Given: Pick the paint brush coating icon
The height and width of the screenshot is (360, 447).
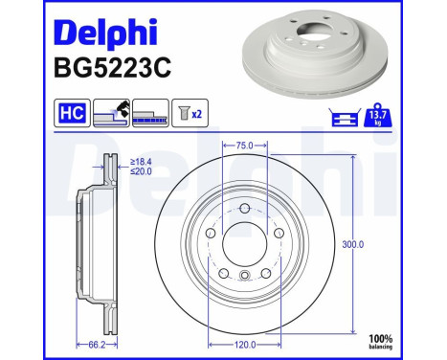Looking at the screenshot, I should pyautogui.click(x=114, y=113).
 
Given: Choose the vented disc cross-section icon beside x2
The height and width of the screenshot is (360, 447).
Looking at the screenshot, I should pyautogui.click(x=154, y=114).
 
